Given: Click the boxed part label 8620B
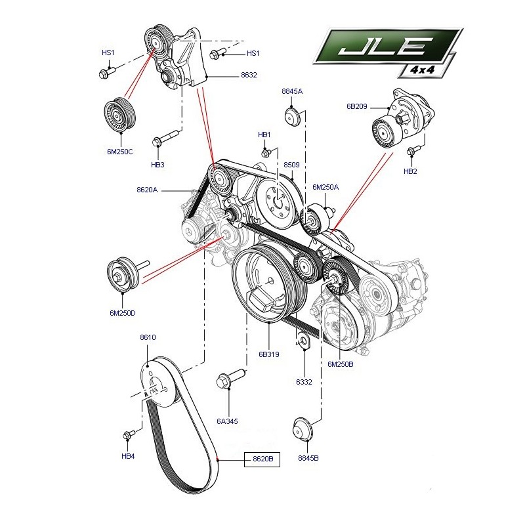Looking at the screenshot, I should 262,459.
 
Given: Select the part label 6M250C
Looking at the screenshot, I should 119,152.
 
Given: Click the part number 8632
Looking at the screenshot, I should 249,75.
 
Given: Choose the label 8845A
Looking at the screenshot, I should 292,91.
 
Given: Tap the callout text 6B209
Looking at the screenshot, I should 357,106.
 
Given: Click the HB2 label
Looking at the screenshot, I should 410,172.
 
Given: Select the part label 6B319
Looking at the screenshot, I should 269,354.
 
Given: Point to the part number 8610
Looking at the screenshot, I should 148,337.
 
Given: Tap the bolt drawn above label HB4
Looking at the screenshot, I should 129,434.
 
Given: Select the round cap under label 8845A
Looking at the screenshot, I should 292,117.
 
